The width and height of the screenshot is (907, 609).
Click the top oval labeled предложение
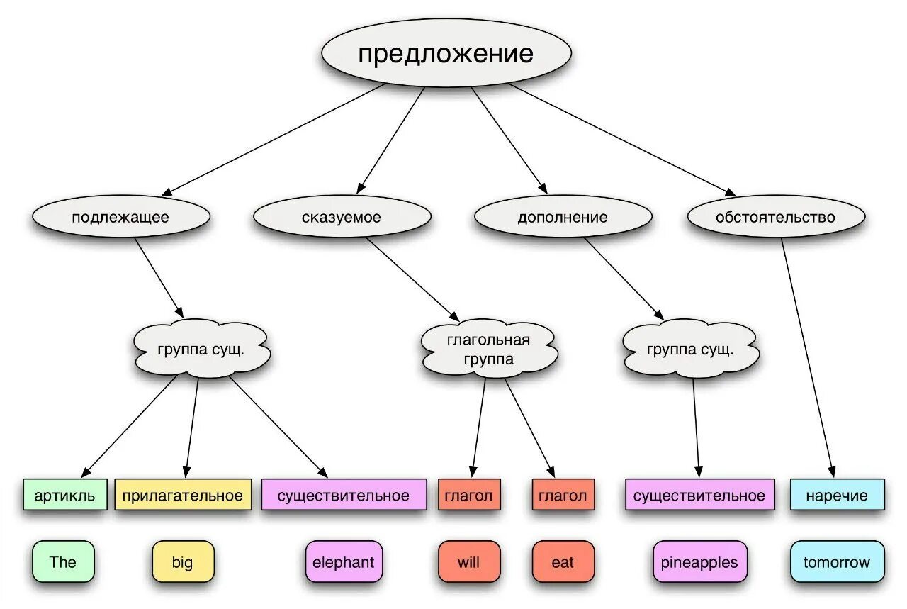click(446, 54)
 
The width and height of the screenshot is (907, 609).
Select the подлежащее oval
click(120, 217)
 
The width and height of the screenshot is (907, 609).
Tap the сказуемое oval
click(342, 217)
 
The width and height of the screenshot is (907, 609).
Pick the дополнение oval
click(563, 217)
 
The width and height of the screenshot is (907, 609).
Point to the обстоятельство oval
click(775, 217)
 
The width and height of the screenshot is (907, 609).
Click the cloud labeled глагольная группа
click(488, 350)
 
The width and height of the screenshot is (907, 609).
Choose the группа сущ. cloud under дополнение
click(689, 349)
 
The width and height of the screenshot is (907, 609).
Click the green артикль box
click(64, 495)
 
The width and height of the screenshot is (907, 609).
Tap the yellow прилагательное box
click(182, 495)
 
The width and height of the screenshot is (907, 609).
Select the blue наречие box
click(838, 495)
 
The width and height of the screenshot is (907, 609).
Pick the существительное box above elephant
click(344, 495)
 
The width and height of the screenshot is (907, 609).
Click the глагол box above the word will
click(469, 495)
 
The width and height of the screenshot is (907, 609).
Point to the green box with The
click(63, 562)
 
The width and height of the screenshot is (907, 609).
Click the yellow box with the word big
click(182, 562)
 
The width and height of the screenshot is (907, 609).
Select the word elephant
click(344, 562)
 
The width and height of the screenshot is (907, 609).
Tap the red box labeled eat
click(563, 562)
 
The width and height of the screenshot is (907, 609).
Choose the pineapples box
click(699, 562)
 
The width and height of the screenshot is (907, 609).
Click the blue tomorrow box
click(837, 562)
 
